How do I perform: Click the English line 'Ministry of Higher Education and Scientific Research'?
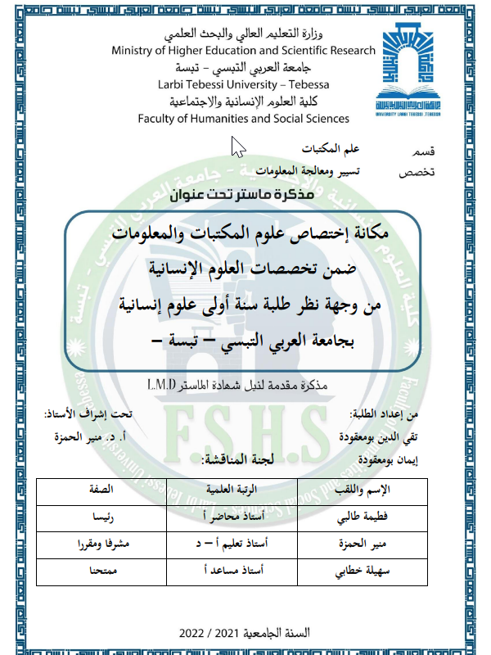point(244,51)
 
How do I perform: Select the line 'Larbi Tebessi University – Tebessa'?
point(244,84)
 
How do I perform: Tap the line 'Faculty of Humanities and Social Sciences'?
point(243,118)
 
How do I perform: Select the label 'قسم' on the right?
point(426,153)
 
